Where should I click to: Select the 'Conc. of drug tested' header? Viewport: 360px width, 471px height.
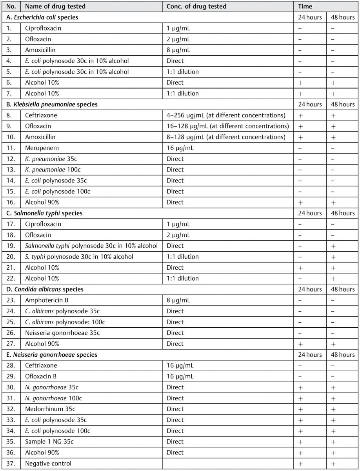click(196, 6)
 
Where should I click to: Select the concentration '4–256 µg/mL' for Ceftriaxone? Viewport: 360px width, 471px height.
click(226, 115)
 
